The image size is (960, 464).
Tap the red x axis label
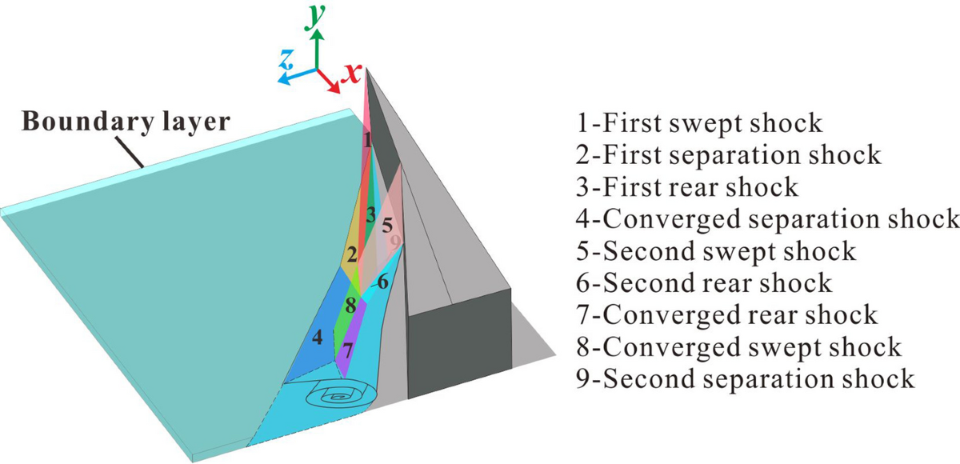pyautogui.click(x=350, y=74)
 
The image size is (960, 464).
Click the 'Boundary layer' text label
pyautogui.click(x=126, y=122)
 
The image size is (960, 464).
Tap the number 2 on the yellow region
pyautogui.click(x=350, y=256)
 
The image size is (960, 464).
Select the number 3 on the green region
pyautogui.click(x=370, y=214)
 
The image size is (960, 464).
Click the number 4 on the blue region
pyautogui.click(x=318, y=337)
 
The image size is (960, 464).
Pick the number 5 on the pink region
pyautogui.click(x=388, y=225)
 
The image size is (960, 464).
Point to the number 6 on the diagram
pyautogui.click(x=383, y=282)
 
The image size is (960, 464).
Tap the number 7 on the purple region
pyautogui.click(x=346, y=350)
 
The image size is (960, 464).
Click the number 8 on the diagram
pyautogui.click(x=350, y=305)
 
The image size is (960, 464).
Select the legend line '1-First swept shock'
pyautogui.click(x=699, y=123)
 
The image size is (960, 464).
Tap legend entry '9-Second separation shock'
pyautogui.click(x=745, y=378)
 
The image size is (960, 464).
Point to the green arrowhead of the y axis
pyautogui.click(x=318, y=35)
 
